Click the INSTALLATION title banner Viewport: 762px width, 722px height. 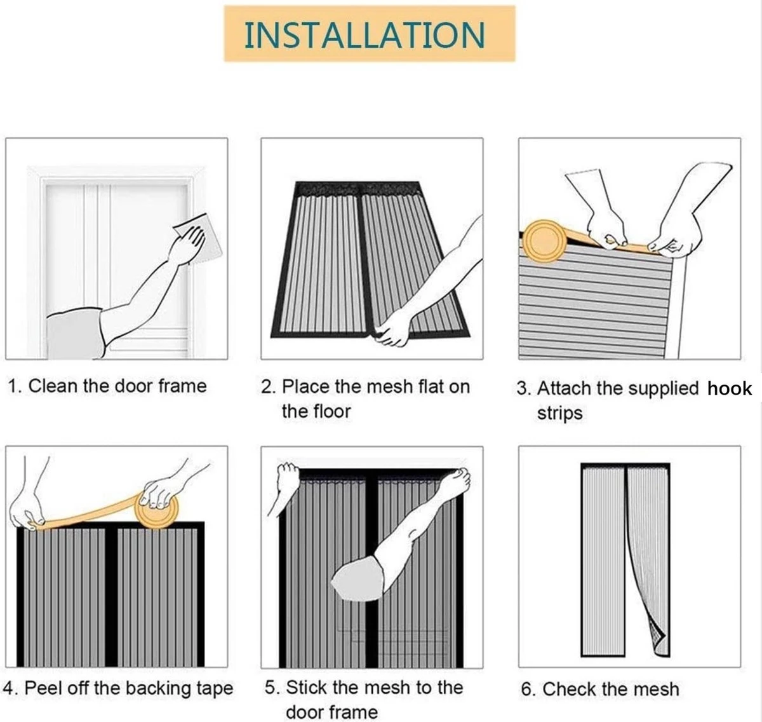click(368, 34)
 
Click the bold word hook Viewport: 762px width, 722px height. click(730, 388)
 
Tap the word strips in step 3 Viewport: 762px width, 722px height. click(559, 413)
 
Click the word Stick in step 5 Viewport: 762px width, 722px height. click(307, 687)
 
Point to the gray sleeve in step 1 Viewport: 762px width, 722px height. click(75, 334)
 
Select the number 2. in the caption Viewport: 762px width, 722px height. click(268, 386)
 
